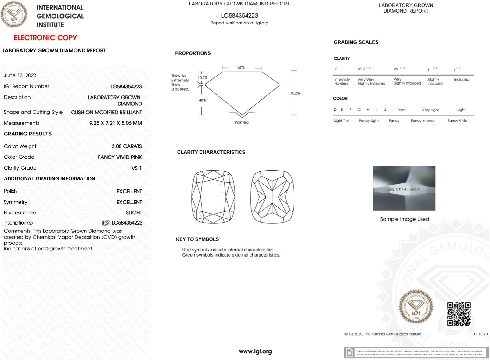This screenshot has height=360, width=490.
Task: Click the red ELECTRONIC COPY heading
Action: (x=45, y=38)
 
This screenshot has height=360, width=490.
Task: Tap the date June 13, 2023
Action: (x=20, y=75)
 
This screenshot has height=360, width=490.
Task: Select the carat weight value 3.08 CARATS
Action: (x=127, y=146)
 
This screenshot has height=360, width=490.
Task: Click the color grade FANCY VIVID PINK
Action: (x=120, y=157)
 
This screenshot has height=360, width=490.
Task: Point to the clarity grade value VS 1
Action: (x=136, y=168)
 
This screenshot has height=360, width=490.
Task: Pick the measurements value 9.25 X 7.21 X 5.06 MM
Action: (x=115, y=123)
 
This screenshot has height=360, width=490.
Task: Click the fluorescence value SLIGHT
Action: (x=134, y=213)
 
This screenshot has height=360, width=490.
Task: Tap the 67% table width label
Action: (x=241, y=68)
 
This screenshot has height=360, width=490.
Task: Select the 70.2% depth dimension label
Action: (x=295, y=93)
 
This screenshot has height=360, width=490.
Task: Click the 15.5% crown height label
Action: (x=203, y=78)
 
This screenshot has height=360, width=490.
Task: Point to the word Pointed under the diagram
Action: (x=241, y=122)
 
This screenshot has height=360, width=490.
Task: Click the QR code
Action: (x=459, y=314)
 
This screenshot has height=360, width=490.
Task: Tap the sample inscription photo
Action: (x=404, y=188)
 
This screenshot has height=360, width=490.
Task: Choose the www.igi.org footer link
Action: (x=255, y=351)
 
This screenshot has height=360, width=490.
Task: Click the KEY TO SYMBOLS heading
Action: (x=197, y=239)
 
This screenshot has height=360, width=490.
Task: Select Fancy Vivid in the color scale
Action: (x=457, y=121)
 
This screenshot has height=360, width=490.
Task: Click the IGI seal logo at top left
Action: (x=14, y=14)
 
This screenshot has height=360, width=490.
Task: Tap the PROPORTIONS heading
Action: (x=193, y=53)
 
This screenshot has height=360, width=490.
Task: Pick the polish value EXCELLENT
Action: (x=129, y=191)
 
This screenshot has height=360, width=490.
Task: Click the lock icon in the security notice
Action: (x=350, y=353)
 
